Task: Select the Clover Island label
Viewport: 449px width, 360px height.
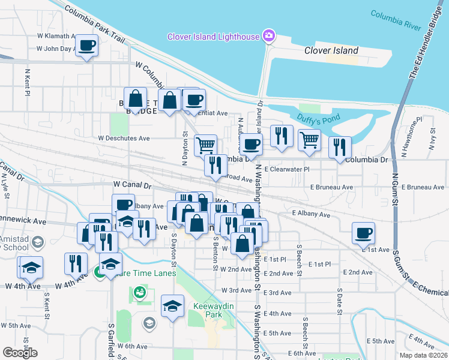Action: tap(331, 50)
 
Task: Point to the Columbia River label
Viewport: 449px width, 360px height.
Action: tap(396, 20)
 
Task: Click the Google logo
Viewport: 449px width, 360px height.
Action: tap(20, 353)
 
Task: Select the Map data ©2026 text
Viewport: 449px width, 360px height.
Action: tap(423, 355)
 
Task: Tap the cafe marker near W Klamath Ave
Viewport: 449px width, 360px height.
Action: tap(87, 45)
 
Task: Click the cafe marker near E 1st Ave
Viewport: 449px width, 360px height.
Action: tap(363, 233)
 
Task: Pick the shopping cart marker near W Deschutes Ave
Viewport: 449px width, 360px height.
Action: tap(205, 145)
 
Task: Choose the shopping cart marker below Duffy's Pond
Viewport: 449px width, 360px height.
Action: tap(309, 140)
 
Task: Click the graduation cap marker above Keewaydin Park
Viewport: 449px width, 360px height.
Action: tap(172, 306)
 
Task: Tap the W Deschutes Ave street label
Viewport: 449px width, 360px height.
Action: tap(124, 138)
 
